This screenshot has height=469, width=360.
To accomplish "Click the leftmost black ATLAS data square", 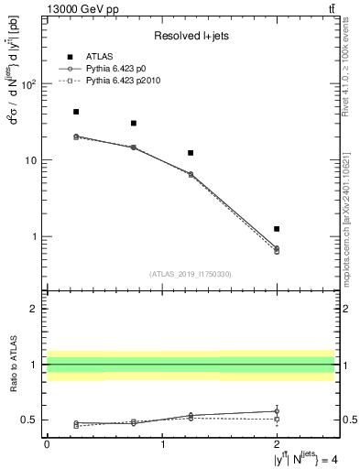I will click(x=76, y=112).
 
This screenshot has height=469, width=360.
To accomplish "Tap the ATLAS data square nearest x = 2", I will click(x=277, y=229).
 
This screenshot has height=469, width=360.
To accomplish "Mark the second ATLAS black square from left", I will click(x=134, y=123).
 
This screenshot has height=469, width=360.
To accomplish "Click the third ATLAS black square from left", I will click(x=191, y=153).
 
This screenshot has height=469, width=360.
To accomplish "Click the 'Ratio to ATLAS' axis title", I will click(x=14, y=364).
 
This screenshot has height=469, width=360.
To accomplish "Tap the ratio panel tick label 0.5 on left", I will click(x=29, y=420).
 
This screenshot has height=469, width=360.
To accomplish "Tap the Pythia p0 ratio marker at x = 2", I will click(x=277, y=411).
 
